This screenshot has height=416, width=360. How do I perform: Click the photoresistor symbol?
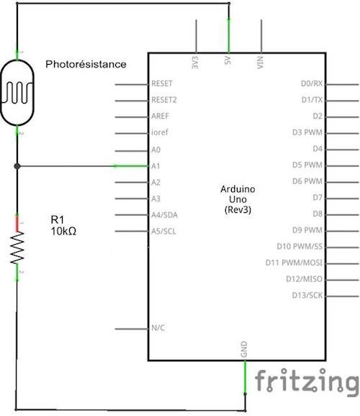point(17,93)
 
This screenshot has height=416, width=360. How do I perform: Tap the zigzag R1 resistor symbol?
point(17,248)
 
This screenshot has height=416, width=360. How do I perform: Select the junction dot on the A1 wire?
point(17,166)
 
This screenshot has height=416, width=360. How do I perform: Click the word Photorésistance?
point(86,64)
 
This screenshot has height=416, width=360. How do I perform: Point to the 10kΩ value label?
point(63,231)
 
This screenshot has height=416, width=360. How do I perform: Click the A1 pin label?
point(156,166)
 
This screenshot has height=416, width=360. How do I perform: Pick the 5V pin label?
point(228,60)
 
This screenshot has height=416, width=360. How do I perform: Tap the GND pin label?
point(244,349)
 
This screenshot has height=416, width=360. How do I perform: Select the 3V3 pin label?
point(195,63)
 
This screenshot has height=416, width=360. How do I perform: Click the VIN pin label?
point(261,63)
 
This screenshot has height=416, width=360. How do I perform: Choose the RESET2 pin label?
point(164,100)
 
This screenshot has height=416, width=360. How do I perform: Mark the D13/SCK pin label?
point(307,295)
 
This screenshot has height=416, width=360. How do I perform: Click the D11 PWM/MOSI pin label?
point(294,263)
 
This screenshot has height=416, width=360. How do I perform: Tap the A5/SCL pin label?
point(163,231)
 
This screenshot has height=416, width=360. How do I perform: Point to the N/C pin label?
point(158,328)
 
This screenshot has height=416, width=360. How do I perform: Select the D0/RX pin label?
point(312,83)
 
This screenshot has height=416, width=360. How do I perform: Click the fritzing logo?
point(307,382)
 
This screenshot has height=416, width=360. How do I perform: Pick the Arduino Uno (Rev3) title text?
point(238,199)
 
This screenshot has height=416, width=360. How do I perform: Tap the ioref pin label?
point(160,132)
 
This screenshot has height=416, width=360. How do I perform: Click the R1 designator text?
point(58,220)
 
